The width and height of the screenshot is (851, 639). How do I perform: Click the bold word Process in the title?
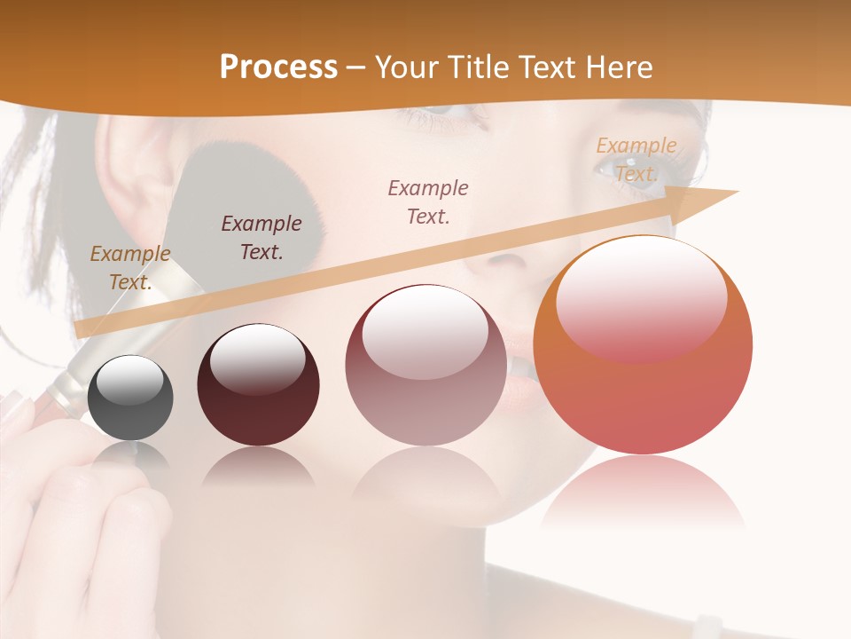pyautogui.click(x=278, y=67)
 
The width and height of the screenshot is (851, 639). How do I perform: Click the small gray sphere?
pyautogui.click(x=130, y=398)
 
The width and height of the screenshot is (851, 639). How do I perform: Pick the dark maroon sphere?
pyautogui.click(x=258, y=385)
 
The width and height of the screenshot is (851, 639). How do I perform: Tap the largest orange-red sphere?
pyautogui.click(x=643, y=346)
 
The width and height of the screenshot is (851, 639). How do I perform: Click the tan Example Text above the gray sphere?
pyautogui.click(x=129, y=268)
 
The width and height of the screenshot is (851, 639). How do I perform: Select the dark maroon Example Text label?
pyautogui.click(x=261, y=237)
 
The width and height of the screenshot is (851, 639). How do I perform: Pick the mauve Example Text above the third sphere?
pyautogui.click(x=428, y=201)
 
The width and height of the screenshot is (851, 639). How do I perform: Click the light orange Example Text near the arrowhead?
pyautogui.click(x=636, y=160)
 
